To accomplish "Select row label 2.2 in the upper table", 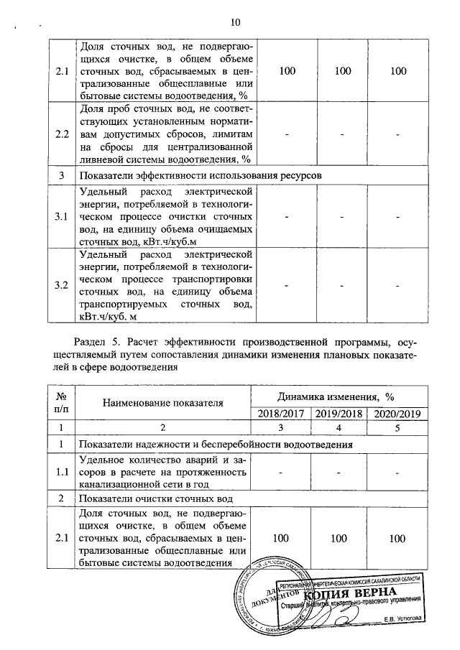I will point(62,134).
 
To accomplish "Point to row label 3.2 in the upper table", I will point(62,286).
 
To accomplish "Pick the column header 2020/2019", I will point(395,413).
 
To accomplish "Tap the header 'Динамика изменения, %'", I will point(337,396).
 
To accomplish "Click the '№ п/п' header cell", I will point(62,404).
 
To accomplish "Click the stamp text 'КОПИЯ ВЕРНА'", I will point(350,593).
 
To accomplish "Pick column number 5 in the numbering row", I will point(395,428).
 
